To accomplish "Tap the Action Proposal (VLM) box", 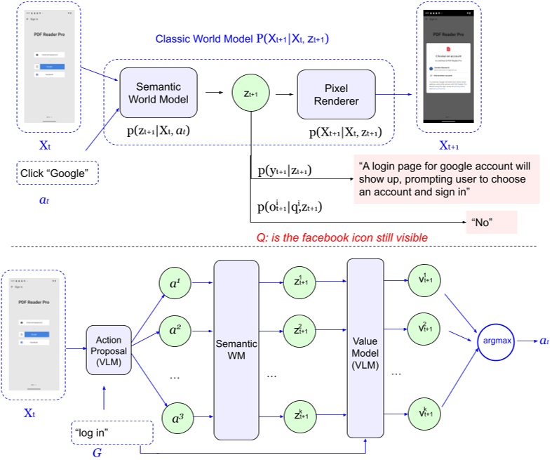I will tap(109, 348).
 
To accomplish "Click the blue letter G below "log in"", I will tap(97, 453).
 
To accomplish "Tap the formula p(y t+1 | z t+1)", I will tap(284, 171).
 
